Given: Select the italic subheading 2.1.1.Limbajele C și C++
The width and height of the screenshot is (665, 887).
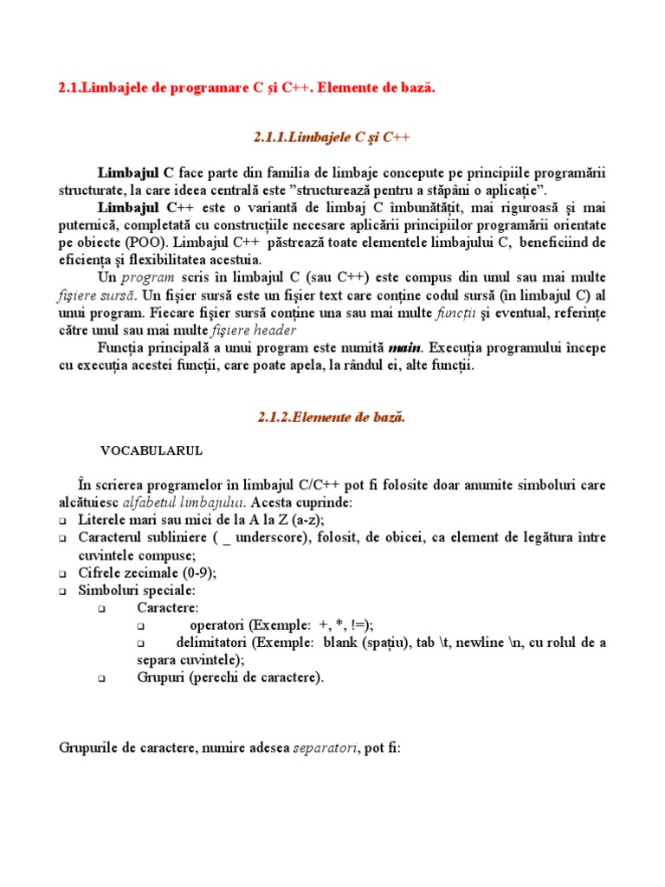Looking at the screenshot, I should coord(332,137).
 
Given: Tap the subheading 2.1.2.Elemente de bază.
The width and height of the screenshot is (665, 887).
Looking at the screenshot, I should coord(332,417).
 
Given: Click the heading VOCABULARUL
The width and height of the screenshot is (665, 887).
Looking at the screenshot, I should coord(152,450).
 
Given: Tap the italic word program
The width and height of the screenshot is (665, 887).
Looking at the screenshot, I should coord(147,277).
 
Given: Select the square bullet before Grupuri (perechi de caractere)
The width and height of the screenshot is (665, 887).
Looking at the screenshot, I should coord(102,680).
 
